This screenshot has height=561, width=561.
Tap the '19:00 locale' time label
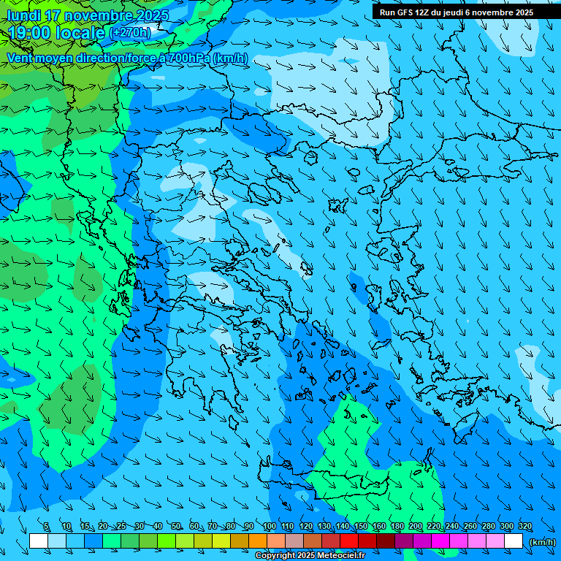56,33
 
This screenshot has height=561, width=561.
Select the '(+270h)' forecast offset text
130,33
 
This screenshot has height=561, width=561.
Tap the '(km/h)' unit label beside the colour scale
542,542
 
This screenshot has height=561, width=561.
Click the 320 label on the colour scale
524,527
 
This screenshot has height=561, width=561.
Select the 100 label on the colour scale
269,527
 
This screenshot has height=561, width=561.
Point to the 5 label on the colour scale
46,527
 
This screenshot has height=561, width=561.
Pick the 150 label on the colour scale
360,527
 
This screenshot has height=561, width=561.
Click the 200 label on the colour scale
415,527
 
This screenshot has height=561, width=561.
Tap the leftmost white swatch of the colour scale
39,541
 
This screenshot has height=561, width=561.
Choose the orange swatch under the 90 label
258,541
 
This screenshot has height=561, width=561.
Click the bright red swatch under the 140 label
349,541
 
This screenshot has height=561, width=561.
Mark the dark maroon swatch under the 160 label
386,541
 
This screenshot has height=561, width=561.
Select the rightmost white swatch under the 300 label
514,541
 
